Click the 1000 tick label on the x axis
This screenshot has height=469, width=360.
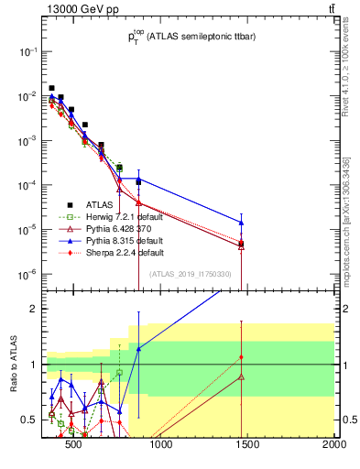pyautogui.click(x=160, y=446)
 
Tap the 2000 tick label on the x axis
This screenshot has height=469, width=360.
pyautogui.click(x=333, y=446)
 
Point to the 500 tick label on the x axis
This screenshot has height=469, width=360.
pyautogui.click(x=74, y=446)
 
